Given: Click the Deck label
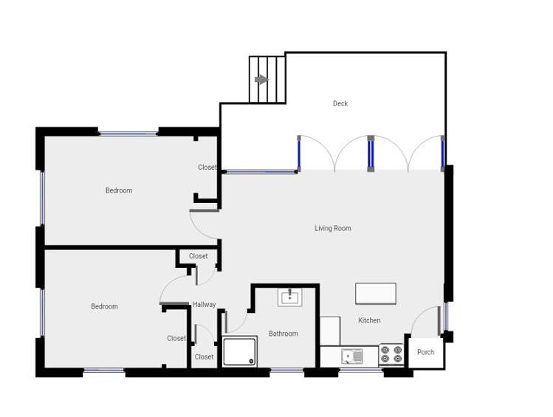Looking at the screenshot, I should coord(340,103).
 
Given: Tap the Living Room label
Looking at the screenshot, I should coord(333,229).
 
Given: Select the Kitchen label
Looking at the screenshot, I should coord(369,320).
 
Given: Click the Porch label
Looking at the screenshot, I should coord(426,352).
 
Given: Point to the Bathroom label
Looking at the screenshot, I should coord(284,334).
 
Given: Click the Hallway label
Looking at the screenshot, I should coord(205,305).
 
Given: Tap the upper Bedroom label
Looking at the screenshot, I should coord(119,190).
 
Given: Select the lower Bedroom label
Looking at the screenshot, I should coord(104,307).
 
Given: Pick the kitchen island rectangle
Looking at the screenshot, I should coord(375,294).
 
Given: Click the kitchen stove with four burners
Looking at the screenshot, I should coord(391,355).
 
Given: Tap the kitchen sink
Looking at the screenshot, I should coord(352,356).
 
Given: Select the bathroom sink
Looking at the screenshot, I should coord(289,297).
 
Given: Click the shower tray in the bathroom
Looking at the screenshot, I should coord(240,351).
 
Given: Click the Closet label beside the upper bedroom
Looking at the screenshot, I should coord(207,168).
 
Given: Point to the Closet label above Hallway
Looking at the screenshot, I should coord(198,256).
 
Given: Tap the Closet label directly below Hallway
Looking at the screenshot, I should coord(204,357).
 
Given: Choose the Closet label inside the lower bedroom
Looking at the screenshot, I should coord(176,339).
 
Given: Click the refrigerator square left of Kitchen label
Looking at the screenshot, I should coord(330,331).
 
